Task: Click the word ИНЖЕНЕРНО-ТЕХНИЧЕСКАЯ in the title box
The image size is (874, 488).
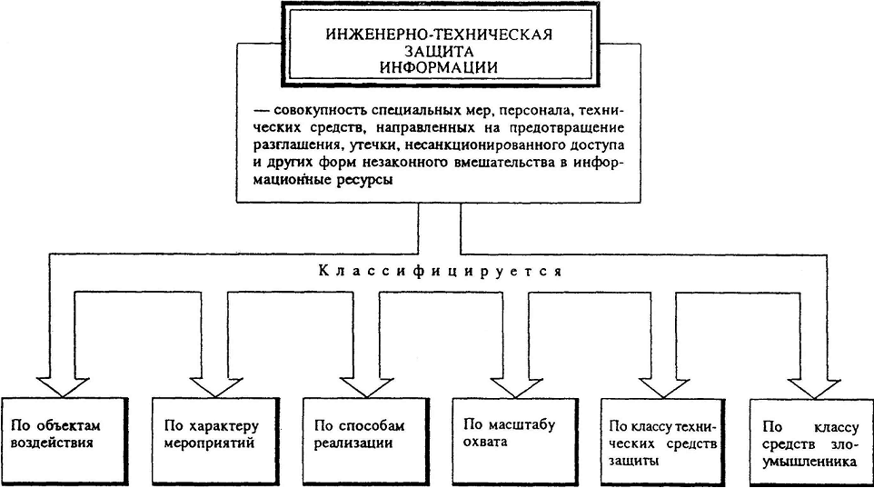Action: pyautogui.click(x=440, y=35)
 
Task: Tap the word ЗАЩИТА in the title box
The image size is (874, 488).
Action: pyautogui.click(x=439, y=52)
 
